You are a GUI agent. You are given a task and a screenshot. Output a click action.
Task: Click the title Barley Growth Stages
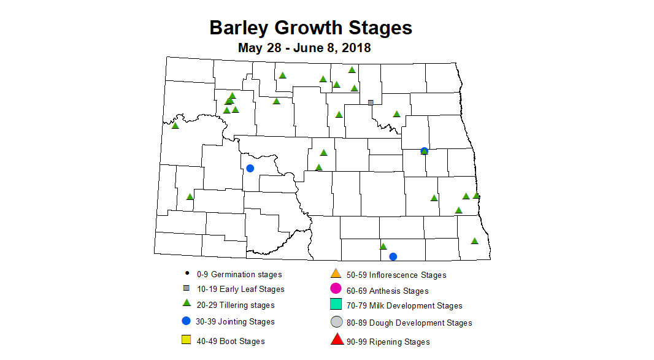310,28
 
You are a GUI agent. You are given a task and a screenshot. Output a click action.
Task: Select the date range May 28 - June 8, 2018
304,48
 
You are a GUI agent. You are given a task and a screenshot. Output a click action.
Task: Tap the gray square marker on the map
371,102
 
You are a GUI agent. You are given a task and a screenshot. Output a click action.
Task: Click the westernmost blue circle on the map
250,168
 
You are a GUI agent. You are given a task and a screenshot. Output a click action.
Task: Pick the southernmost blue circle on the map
393,256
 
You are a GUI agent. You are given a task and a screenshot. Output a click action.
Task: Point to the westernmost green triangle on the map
175,126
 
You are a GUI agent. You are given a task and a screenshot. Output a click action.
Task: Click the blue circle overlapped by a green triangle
424,151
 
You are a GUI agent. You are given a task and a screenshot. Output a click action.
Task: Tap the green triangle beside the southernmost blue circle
383,247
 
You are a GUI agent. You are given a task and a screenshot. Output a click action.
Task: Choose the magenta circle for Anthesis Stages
336,288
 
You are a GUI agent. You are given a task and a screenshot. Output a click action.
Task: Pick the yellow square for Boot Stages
186,339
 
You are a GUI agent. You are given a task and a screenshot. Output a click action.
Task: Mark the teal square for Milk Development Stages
336,304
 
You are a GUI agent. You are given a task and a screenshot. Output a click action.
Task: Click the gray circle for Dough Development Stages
336,322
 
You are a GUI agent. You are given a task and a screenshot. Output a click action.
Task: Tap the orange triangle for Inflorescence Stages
336,273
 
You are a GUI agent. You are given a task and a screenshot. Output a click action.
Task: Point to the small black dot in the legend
186,274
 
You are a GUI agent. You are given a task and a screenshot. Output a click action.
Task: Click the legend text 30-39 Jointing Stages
236,321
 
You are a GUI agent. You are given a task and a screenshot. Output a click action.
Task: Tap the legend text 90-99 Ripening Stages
388,342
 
